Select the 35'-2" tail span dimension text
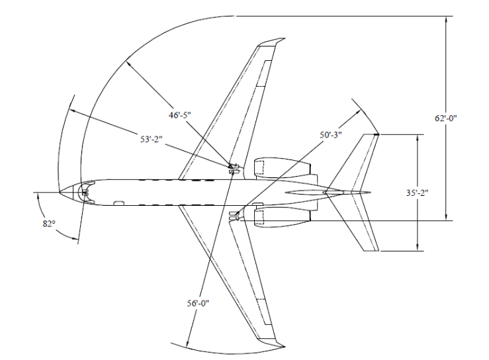click(419, 193)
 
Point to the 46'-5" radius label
click(179, 115)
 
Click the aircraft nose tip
click(59, 193)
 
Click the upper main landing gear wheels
click(233, 169)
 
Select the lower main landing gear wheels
click(233, 216)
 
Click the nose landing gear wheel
click(84, 193)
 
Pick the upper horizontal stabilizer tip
click(375, 135)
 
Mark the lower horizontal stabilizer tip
click(375, 251)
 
